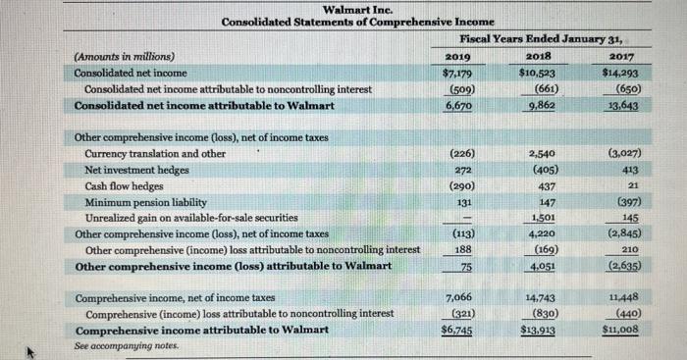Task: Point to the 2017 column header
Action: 621,57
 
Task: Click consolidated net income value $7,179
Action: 456,74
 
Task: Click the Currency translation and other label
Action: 155,153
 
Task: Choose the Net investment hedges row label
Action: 137,169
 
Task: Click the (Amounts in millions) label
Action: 124,57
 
